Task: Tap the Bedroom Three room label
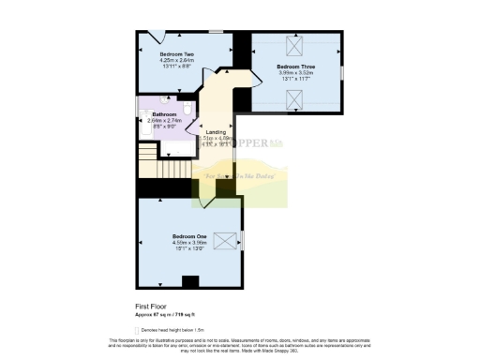pos(294,67)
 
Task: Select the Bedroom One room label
pos(189,235)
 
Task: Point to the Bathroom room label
pos(164,113)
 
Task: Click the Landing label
pos(216,132)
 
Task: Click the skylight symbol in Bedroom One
pos(226,240)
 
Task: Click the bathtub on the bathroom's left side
pos(143,117)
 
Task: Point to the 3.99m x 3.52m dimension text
pos(294,74)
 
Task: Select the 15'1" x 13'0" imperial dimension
pos(189,248)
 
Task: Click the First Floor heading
pos(152,306)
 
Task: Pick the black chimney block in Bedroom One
pos(190,280)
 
